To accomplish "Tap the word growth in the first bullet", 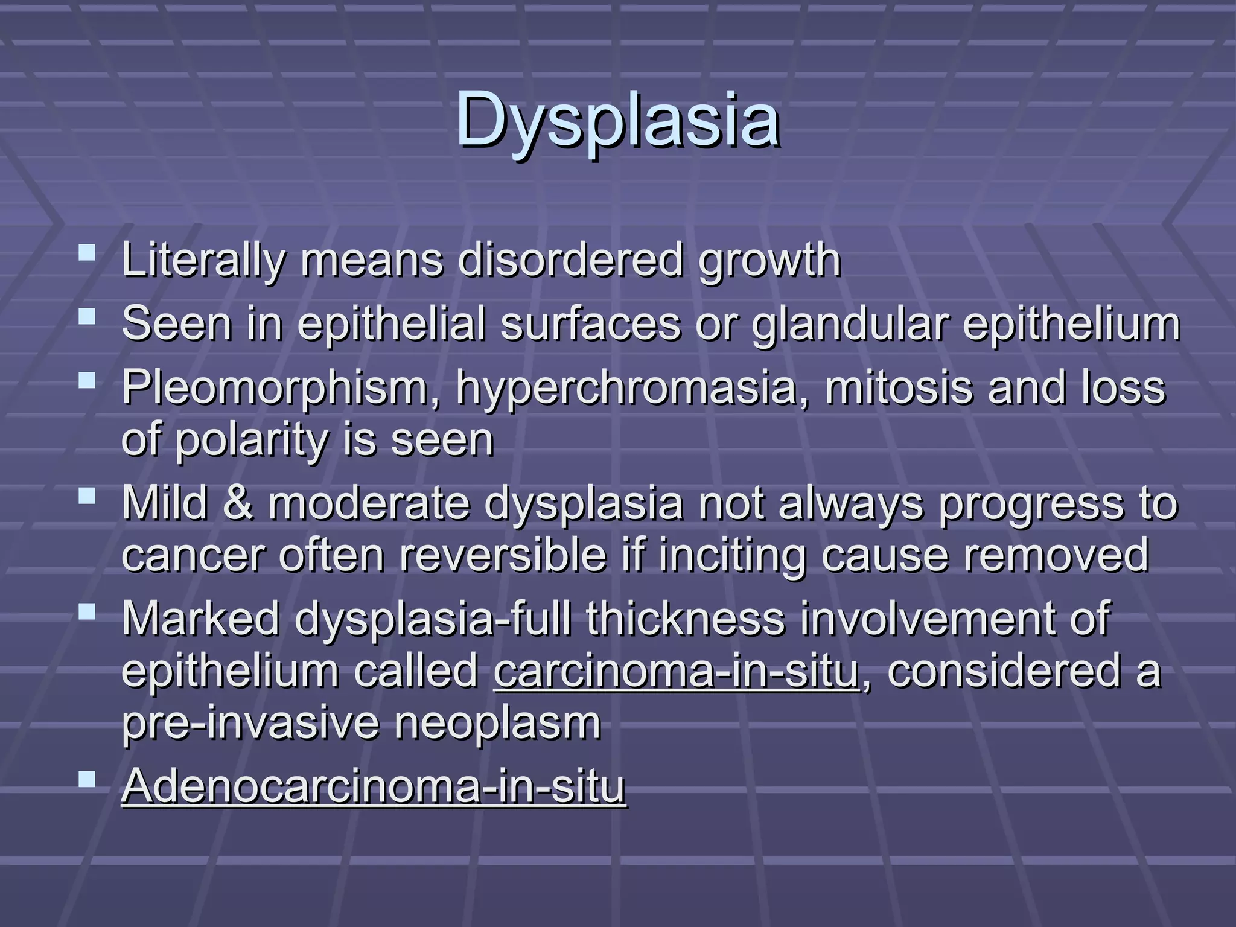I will click(769, 261).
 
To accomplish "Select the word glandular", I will click(850, 323).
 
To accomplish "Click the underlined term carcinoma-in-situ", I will click(676, 671).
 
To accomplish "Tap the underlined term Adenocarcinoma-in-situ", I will click(374, 786).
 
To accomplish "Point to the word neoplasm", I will click(497, 723).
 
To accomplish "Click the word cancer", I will click(193, 555).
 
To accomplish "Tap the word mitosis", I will click(899, 387).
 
